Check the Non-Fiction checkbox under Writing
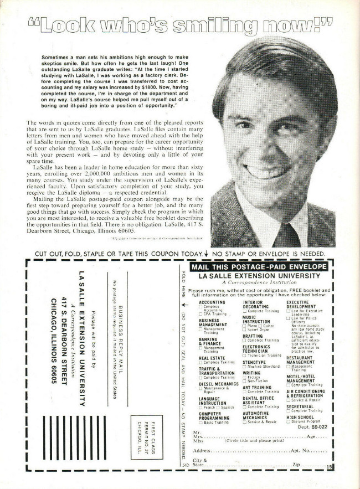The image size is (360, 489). (x=244, y=380)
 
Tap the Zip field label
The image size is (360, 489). (x=296, y=464)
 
